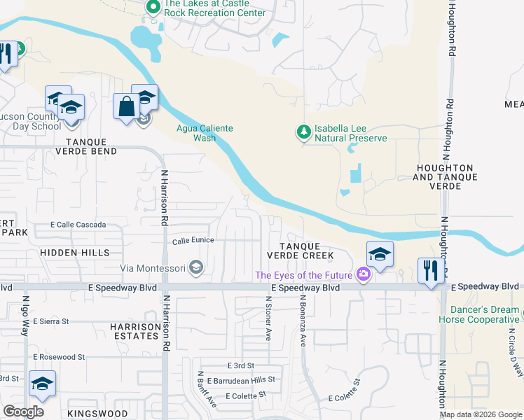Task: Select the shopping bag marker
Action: coord(127,108)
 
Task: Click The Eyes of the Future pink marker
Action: coord(363,274)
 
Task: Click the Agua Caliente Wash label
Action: coord(203,133)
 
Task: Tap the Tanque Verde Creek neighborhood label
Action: coord(300,251)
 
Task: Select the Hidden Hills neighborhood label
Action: coord(69,251)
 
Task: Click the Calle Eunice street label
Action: coord(193,241)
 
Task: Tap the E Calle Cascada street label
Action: coord(78,225)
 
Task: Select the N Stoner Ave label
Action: coord(268,317)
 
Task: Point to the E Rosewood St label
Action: coord(59,357)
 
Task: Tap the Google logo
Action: coord(23,412)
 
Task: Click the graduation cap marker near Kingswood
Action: coord(42,384)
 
